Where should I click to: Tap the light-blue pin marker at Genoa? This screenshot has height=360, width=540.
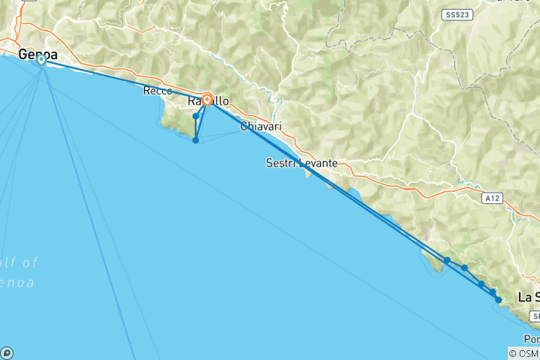click(x=40, y=61)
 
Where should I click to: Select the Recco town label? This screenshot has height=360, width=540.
click(x=157, y=91)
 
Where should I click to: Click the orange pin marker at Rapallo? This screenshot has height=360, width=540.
click(x=206, y=98)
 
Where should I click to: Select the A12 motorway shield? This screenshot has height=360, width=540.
click(x=492, y=198)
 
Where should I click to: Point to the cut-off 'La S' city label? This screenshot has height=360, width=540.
click(x=529, y=297)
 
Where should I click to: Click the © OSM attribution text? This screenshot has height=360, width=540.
click(x=523, y=353)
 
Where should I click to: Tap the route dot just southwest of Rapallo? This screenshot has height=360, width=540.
click(x=196, y=116)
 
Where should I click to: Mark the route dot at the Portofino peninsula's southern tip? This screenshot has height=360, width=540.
click(x=196, y=140)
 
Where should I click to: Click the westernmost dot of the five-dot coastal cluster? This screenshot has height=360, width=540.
click(x=447, y=260)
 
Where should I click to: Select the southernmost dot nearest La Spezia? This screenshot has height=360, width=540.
click(x=499, y=300)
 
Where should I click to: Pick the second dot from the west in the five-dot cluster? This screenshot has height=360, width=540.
click(x=465, y=268)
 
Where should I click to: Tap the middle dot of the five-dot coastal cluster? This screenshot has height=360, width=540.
click(x=481, y=284)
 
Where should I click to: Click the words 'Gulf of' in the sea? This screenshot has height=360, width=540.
click(x=18, y=262)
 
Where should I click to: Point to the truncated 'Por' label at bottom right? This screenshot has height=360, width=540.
click(x=532, y=339)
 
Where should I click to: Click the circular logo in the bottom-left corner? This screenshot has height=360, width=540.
click(x=7, y=352)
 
